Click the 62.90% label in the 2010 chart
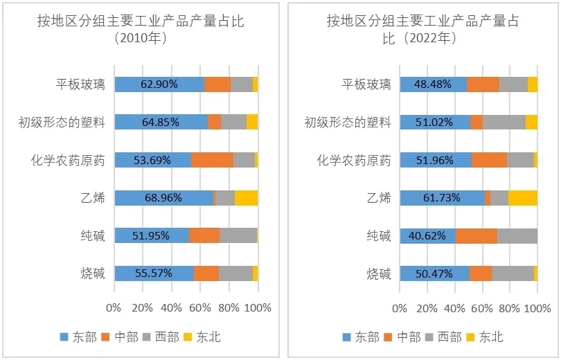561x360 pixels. coord(159,84)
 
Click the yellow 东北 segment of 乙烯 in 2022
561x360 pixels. coord(523,197)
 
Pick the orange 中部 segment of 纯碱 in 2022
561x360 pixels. coord(477,236)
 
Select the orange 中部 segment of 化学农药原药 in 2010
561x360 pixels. coord(212,160)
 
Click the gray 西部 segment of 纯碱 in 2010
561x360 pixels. coord(238,235)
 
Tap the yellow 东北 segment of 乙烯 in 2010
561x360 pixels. coord(246,197)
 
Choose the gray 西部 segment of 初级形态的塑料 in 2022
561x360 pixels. coord(504,123)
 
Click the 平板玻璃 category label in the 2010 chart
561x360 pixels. coord(80,84)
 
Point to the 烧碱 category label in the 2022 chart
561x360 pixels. coord(379,273)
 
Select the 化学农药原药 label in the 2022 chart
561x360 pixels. coord(354,161)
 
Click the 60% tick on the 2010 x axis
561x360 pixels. coord(200,307)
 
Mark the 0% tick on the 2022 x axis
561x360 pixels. coord(400,307)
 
